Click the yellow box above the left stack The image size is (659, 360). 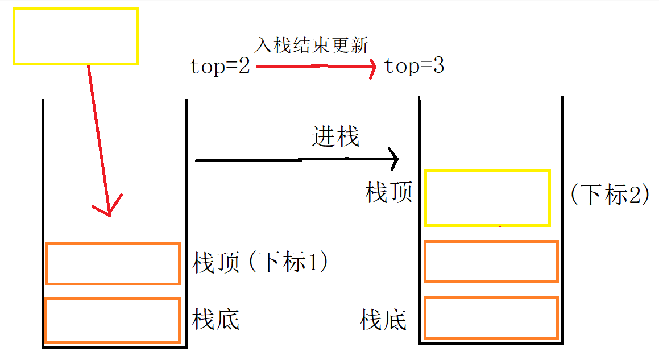[76, 36]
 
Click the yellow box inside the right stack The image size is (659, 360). [487, 197]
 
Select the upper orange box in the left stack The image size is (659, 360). [113, 263]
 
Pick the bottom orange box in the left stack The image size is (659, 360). [113, 320]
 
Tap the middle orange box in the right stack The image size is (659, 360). [491, 262]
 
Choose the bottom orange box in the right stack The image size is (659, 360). [491, 317]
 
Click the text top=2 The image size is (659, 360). [219, 67]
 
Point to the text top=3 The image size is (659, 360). [414, 67]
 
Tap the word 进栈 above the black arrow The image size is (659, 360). [335, 137]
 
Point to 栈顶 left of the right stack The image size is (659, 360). [388, 193]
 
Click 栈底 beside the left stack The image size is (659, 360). [216, 320]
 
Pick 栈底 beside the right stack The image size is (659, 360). [383, 320]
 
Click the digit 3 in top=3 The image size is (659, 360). [438, 67]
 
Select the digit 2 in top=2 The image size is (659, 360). [243, 67]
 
